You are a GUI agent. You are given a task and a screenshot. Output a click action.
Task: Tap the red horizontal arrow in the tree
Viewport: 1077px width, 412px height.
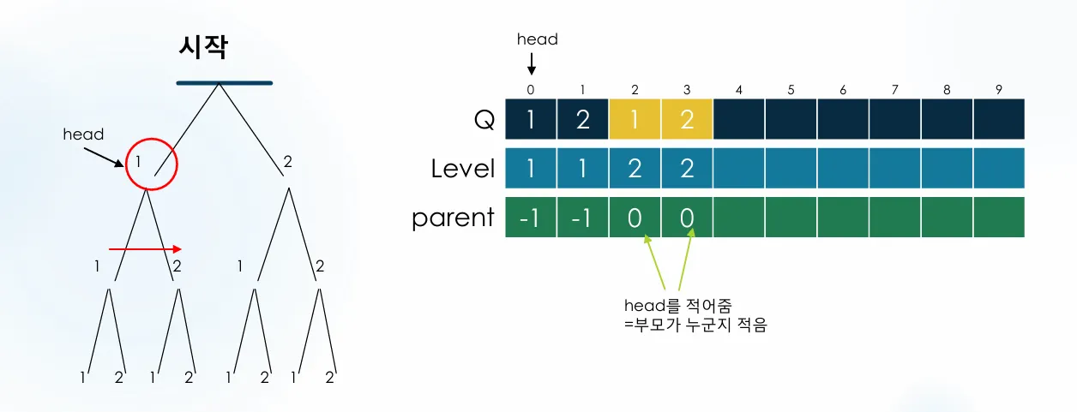pos(145,249)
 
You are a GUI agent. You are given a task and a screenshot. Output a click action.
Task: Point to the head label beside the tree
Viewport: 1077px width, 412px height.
pos(83,134)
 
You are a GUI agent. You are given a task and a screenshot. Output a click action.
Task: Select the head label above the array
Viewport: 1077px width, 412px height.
pos(537,39)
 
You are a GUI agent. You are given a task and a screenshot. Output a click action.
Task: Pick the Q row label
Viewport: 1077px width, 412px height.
pos(484,120)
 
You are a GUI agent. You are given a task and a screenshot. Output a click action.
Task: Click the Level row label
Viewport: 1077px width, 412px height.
pos(463,169)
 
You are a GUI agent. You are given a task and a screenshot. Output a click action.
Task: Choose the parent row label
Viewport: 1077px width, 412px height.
pos(453,218)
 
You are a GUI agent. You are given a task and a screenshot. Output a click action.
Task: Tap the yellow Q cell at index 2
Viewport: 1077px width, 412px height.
pos(635,120)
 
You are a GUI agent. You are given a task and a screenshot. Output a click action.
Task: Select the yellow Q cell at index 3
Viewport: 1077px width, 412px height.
pos(686,120)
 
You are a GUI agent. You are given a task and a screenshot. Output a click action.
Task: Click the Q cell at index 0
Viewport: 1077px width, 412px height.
pos(531,120)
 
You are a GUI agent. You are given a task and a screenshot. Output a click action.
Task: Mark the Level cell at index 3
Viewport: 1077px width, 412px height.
pos(686,169)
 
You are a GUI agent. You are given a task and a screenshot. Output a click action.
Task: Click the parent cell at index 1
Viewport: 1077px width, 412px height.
pos(582,218)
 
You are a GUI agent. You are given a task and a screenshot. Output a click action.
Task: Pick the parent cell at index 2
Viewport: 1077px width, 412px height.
pos(635,218)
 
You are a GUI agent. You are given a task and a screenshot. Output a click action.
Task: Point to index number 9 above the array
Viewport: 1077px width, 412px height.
pos(999,89)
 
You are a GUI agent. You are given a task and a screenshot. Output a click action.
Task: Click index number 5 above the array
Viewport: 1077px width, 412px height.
pos(791,89)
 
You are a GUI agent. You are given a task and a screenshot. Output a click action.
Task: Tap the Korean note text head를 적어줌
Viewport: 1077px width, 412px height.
pos(677,306)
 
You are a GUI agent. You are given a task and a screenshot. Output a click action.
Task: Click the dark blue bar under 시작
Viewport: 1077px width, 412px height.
pos(224,83)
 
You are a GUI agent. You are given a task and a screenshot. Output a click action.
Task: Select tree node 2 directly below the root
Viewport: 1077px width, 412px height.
pos(287,161)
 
